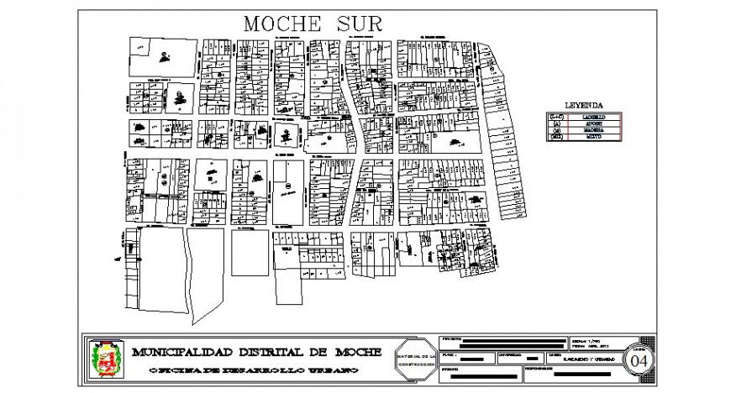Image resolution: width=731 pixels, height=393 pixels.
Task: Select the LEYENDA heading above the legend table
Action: pyautogui.click(x=583, y=105)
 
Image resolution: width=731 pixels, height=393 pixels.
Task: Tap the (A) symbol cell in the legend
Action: pyautogui.click(x=555, y=123)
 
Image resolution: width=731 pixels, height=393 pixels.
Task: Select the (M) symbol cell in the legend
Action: pyautogui.click(x=555, y=129)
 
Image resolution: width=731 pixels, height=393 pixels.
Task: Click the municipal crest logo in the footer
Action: pyautogui.click(x=105, y=359)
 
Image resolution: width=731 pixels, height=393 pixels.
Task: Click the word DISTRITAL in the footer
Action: pyautogui.click(x=270, y=352)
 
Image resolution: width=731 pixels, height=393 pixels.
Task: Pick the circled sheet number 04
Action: pyautogui.click(x=639, y=360)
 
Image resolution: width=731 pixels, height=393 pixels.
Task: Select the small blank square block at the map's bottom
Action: pyautogui.click(x=249, y=252)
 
